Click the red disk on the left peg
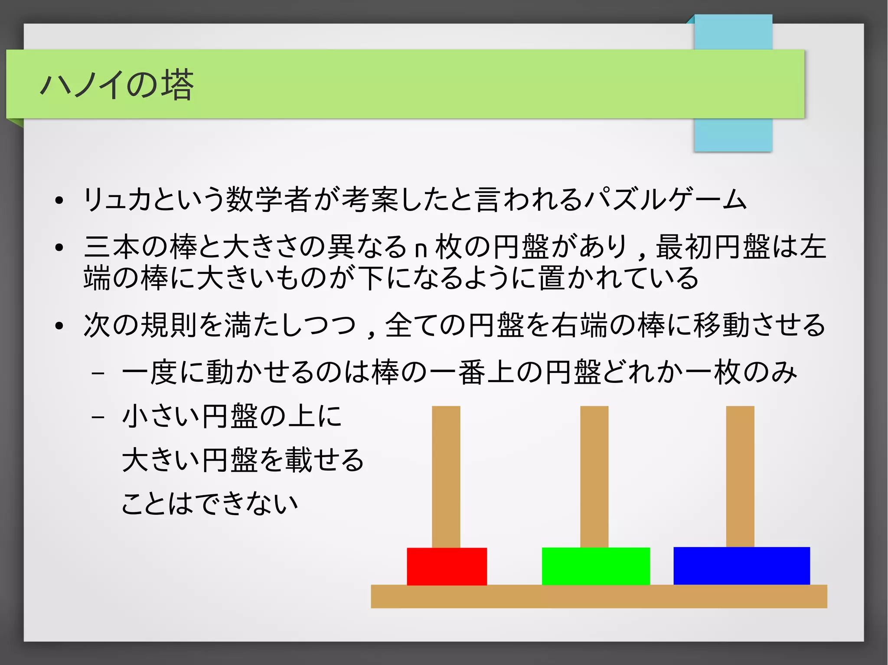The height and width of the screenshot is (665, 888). click(447, 566)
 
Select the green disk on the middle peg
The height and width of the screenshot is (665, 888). click(596, 566)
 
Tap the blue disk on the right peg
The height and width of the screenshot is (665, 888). click(741, 566)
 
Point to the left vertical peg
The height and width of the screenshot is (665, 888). click(446, 477)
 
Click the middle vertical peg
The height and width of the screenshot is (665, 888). click(594, 477)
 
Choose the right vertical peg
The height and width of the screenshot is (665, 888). click(740, 477)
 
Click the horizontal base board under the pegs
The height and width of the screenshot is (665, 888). click(598, 597)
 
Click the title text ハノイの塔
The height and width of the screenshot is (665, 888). click(117, 85)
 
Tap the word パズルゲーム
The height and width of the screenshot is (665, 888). click(666, 200)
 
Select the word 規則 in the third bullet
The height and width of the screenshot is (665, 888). click(169, 325)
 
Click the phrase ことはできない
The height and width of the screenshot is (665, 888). click(210, 503)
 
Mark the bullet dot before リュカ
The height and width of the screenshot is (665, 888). click(59, 201)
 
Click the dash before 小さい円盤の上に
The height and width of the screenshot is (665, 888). click(98, 417)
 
